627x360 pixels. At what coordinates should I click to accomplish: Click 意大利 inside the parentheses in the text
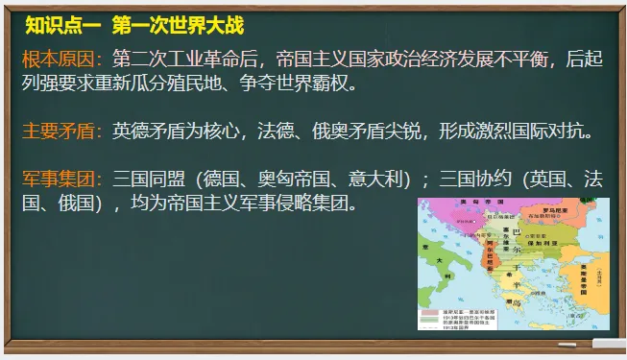(382, 179)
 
